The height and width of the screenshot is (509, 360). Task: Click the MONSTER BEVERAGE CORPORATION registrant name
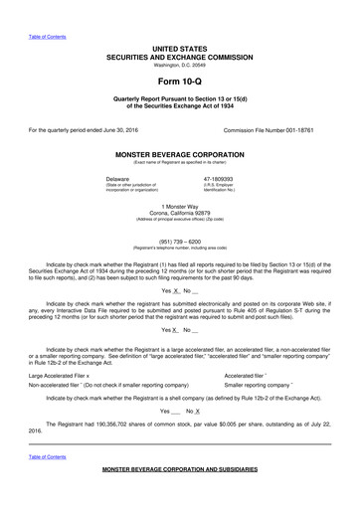click(180, 156)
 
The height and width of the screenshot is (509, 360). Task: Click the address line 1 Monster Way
click(180, 206)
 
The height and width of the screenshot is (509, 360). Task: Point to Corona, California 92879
click(180, 213)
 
